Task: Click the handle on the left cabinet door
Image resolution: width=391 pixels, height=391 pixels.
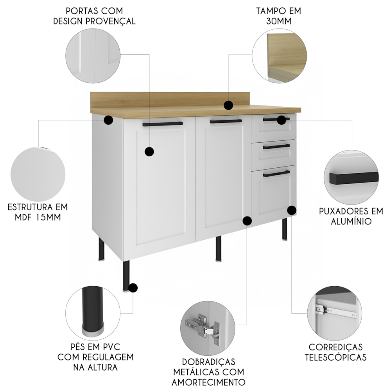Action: [x=163, y=124]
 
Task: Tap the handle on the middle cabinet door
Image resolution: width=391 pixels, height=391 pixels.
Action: [x=226, y=122]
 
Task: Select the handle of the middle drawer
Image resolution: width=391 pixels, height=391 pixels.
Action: [x=276, y=147]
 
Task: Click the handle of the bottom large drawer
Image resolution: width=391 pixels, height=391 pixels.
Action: [x=276, y=174]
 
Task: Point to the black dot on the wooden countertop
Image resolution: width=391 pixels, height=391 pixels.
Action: [x=228, y=105]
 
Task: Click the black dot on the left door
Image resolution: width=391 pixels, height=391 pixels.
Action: [x=149, y=152]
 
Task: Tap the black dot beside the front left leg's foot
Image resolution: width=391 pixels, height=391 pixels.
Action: [x=133, y=288]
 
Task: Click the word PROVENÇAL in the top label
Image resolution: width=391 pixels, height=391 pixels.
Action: [x=111, y=21]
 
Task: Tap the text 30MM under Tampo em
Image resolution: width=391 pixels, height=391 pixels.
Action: [x=279, y=21]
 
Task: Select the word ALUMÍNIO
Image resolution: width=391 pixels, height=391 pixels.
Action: [x=351, y=221]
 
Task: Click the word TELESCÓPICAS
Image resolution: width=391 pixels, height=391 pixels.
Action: [x=335, y=357]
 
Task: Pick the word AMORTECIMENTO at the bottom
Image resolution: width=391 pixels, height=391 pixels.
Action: [x=209, y=382]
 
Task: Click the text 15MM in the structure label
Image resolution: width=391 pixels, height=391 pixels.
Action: [x=48, y=217]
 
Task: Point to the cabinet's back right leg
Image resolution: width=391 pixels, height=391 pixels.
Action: [x=285, y=229]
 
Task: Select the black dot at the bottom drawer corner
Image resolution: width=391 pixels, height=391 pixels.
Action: [x=292, y=210]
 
